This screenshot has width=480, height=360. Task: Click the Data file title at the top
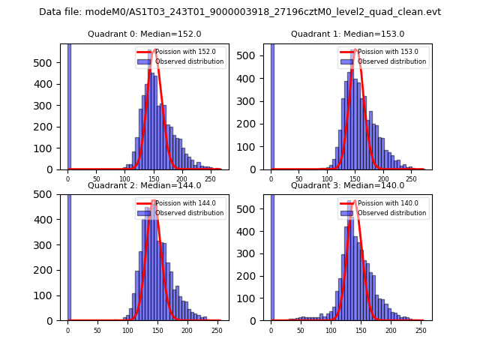click(x=240, y=12)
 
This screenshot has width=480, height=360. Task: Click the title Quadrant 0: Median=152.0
click(x=144, y=34)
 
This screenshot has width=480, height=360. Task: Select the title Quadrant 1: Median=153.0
click(x=347, y=34)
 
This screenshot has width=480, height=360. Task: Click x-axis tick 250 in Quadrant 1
click(x=411, y=181)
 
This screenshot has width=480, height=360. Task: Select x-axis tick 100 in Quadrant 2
click(x=127, y=331)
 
